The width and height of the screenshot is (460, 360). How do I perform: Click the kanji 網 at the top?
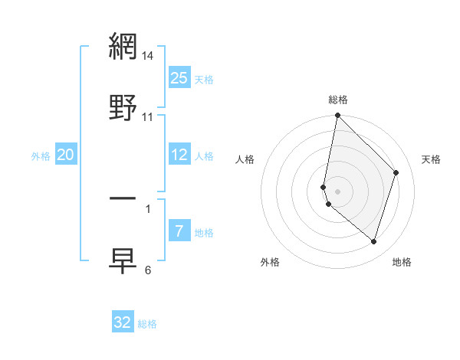tap(123, 47)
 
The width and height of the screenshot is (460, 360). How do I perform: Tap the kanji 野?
tap(123, 106)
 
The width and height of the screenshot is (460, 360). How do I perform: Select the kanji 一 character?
tap(123, 198)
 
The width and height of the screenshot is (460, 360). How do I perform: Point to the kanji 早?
tap(123, 260)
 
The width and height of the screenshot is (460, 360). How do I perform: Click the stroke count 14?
tap(148, 56)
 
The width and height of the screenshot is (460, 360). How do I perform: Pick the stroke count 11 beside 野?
tap(148, 117)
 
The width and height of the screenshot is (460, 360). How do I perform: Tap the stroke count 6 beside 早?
tap(148, 270)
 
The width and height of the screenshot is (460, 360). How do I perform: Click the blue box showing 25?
tap(179, 77)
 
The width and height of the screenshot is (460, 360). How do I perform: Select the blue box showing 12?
tap(179, 155)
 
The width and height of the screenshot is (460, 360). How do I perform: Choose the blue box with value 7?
tap(179, 231)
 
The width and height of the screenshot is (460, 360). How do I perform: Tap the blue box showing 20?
tap(66, 155)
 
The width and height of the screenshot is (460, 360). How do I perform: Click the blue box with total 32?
tap(123, 322)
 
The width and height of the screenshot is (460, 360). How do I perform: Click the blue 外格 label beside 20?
tap(41, 156)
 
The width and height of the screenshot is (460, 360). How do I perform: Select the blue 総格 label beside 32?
tap(148, 324)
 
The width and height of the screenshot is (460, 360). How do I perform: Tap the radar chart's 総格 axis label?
tap(338, 100)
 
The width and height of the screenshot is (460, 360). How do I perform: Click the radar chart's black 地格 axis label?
tap(402, 262)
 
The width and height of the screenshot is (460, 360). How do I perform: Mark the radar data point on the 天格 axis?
tap(396, 172)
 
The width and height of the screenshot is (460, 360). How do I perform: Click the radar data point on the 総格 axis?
tap(337, 116)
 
